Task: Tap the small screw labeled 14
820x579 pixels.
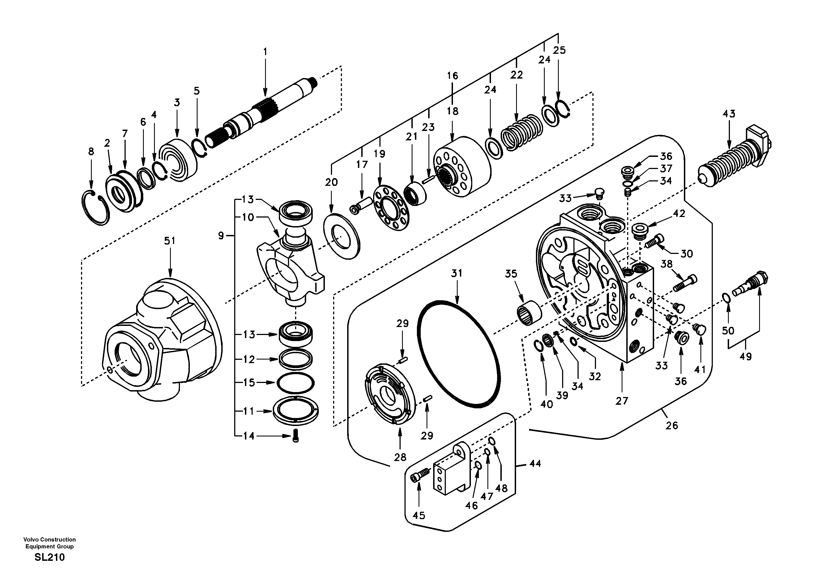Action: tap(295, 436)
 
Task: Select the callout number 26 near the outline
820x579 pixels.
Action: tap(671, 425)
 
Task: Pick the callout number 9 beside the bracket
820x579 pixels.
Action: tap(221, 235)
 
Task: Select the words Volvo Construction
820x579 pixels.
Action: tap(50, 539)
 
